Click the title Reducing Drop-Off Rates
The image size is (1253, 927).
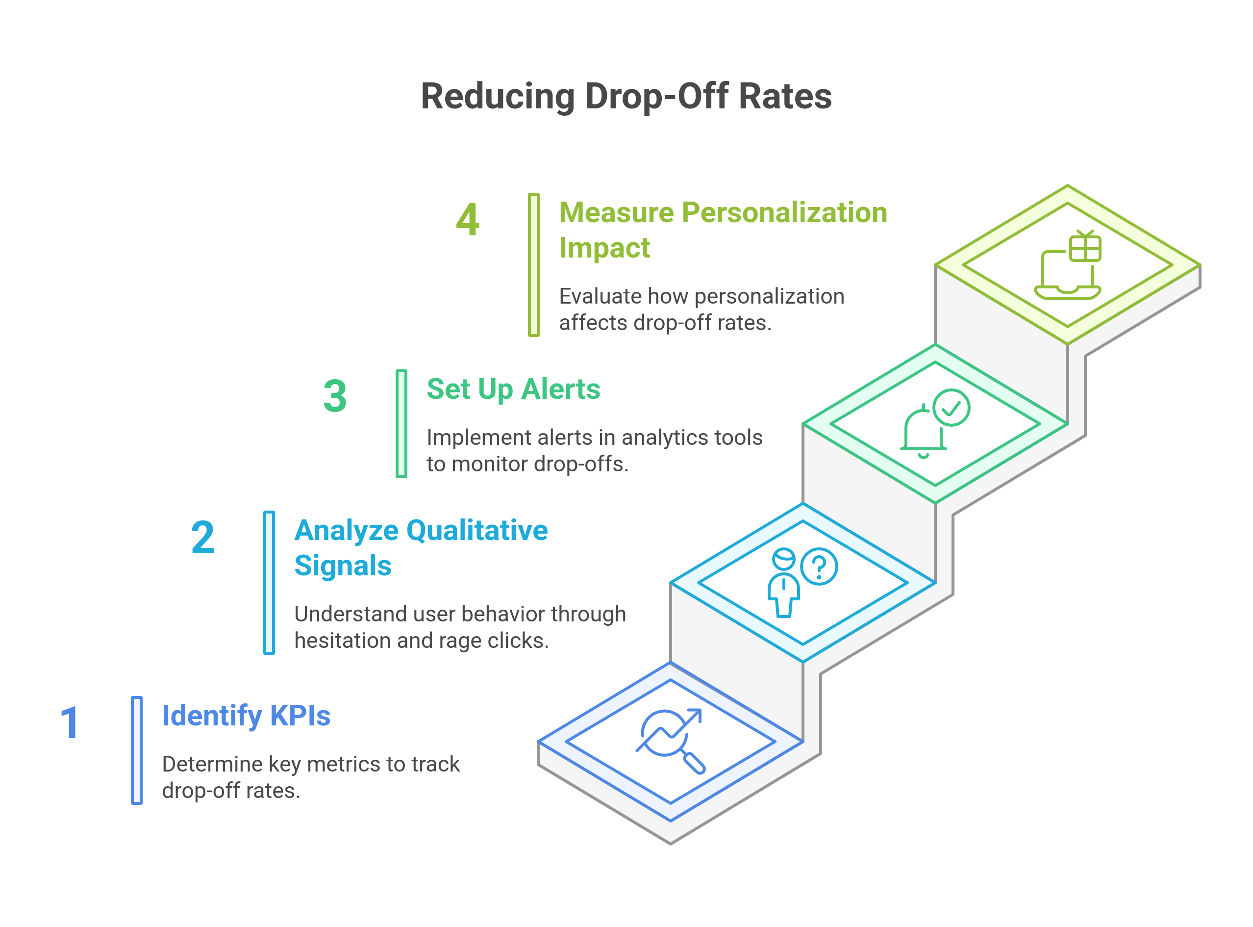[x=626, y=97]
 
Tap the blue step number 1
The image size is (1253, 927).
[x=70, y=723]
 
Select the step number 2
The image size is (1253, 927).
[x=202, y=537]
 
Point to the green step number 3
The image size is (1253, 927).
[x=335, y=396]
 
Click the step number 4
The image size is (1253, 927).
[x=467, y=219]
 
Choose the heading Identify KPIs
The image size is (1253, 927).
[x=246, y=716]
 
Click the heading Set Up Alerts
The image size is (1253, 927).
[x=513, y=389]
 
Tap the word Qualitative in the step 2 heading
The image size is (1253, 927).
[x=477, y=530]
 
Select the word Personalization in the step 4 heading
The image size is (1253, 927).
[x=785, y=213]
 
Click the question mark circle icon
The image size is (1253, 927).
[x=820, y=567]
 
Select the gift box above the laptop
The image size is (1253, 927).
[x=1085, y=247]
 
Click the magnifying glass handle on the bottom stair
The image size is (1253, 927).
[x=694, y=763]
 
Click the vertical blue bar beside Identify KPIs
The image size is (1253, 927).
[x=137, y=750]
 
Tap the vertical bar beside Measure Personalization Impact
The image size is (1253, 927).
[x=534, y=265]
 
